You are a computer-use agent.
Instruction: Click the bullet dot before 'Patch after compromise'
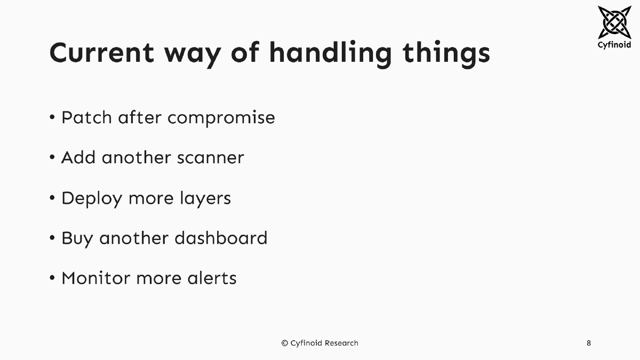point(52,117)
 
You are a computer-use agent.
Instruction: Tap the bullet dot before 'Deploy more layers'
point(52,198)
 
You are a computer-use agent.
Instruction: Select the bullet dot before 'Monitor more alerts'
point(52,278)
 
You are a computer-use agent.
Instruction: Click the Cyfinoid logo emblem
point(614,22)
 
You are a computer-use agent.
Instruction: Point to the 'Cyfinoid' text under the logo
point(614,45)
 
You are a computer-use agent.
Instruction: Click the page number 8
point(588,343)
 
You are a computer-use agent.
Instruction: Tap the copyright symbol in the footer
point(285,343)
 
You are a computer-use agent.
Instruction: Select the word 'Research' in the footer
point(341,343)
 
